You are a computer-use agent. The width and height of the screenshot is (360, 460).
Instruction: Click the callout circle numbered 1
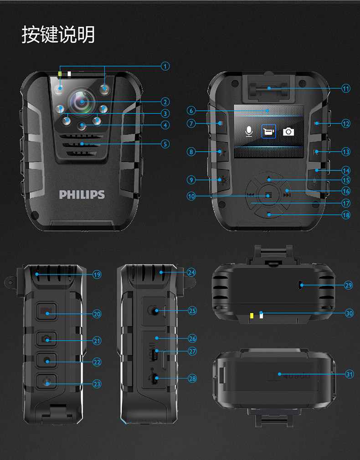point(165,66)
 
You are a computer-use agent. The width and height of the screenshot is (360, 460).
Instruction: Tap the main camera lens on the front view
point(82,102)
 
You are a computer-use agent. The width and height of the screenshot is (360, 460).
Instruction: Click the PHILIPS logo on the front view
point(82,195)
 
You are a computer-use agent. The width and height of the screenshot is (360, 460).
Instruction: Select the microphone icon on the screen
point(249,131)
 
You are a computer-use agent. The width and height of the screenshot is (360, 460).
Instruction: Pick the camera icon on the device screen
point(288,132)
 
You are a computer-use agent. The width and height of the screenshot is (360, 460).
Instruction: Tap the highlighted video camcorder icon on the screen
point(268,132)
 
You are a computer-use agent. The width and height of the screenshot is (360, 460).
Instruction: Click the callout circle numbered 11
point(346,88)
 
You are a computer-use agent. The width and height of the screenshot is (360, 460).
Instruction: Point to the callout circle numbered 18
point(346,215)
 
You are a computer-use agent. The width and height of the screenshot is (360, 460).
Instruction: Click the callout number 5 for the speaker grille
point(165,144)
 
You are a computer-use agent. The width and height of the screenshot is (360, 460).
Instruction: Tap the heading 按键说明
point(58,35)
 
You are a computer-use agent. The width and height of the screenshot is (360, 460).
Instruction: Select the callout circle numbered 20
point(97,314)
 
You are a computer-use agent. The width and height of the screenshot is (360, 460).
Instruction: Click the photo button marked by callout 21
point(47,340)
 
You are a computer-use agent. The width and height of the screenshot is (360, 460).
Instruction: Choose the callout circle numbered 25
point(192,311)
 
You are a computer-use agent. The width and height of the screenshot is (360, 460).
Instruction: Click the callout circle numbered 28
point(192,378)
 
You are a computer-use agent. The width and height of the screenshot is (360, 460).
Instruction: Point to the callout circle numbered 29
point(349,285)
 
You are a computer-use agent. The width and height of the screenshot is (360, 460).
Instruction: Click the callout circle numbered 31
point(349,374)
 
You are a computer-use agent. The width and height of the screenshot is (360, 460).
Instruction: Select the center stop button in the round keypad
point(269,196)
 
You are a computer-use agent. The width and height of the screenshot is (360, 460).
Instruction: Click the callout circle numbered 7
point(191,123)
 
